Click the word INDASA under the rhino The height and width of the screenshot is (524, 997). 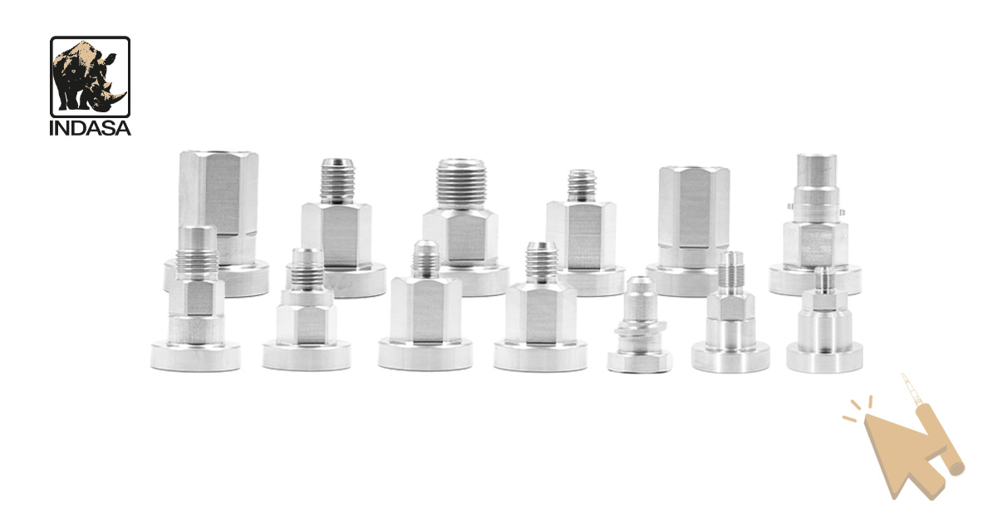[91, 128]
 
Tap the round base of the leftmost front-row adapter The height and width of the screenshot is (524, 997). [195, 356]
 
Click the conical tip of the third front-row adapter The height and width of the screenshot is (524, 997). [425, 258]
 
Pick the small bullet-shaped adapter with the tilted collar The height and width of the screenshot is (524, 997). [639, 324]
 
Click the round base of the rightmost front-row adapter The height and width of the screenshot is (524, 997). [824, 358]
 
